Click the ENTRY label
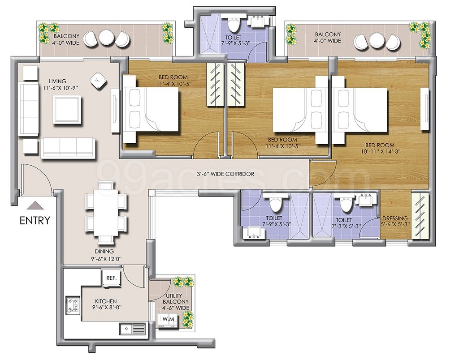tap(35, 220)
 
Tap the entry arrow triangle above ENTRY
tap(35, 205)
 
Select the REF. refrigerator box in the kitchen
tap(111, 278)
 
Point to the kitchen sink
tap(132, 328)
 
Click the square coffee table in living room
tap(67, 110)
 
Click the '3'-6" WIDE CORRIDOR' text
tap(225, 174)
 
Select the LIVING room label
tap(57, 81)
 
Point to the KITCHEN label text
tap(106, 301)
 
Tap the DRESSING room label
tap(395, 218)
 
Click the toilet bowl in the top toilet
tap(234, 25)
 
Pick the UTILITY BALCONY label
tap(175, 299)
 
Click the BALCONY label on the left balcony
tap(66, 36)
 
